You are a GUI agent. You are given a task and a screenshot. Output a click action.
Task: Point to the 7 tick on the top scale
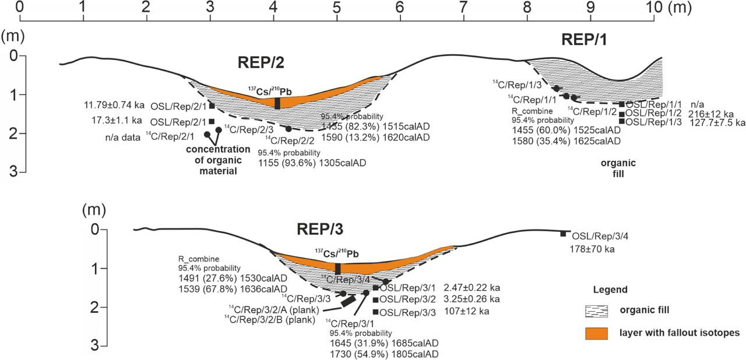[463, 8]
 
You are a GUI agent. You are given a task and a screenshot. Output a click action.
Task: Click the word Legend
[610, 290]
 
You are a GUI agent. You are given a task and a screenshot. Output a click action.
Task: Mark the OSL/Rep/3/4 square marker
[563, 234]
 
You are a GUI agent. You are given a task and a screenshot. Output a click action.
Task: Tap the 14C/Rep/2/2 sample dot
[288, 129]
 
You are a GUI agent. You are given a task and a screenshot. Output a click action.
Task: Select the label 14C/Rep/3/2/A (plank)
[273, 308]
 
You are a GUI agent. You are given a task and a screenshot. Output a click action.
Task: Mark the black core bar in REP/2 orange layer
[277, 103]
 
